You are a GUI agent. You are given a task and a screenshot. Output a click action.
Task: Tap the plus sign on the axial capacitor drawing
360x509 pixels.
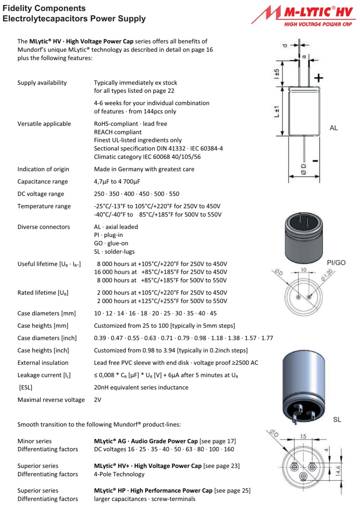click(319, 78)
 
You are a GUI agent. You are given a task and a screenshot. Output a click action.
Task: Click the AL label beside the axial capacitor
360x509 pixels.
click(333, 128)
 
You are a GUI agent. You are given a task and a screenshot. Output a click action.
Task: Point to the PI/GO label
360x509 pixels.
click(336, 263)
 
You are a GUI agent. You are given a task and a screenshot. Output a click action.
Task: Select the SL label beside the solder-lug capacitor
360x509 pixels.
click(337, 420)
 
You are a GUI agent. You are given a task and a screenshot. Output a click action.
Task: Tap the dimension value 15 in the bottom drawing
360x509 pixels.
click(303, 436)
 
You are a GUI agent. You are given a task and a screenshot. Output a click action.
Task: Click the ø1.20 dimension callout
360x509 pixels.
click(327, 275)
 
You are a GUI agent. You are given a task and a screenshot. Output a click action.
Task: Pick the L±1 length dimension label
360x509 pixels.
click(276, 111)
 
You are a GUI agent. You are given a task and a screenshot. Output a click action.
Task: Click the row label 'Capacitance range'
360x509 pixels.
click(43, 181)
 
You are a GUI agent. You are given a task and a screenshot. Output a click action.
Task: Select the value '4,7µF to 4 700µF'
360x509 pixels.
click(117, 181)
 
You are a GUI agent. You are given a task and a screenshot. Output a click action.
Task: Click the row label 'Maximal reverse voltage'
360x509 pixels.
click(51, 400)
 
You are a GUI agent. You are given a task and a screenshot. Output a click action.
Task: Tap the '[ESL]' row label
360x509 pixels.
click(26, 387)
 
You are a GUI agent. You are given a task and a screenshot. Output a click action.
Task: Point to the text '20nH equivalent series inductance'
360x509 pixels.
click(141, 387)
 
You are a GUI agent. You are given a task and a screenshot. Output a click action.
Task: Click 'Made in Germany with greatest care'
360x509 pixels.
click(144, 169)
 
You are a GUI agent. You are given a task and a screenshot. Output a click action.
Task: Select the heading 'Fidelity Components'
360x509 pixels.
click(44, 8)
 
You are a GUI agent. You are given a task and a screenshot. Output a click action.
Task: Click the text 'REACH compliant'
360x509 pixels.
click(118, 132)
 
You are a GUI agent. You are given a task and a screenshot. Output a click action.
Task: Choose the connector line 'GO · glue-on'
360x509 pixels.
click(111, 243)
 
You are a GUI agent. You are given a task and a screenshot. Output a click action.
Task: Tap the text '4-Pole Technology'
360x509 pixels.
click(119, 474)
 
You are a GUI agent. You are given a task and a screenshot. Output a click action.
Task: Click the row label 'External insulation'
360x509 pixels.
click(43, 363)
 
